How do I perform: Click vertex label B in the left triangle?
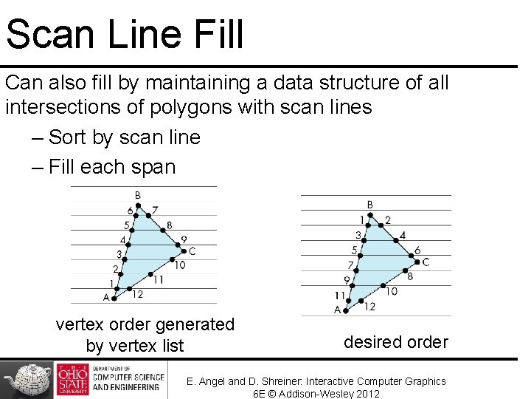coord(138,196)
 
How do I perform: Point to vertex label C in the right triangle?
coord(426,262)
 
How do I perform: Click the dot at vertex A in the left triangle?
coord(114,298)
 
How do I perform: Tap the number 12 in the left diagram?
coord(137,295)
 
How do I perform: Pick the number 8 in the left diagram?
coord(170,225)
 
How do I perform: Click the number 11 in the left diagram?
coord(158,279)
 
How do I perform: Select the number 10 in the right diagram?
coord(391,291)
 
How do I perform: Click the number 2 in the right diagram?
coord(388,220)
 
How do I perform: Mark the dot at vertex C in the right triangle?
coord(415,259)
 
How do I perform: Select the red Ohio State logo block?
coord(72,380)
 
